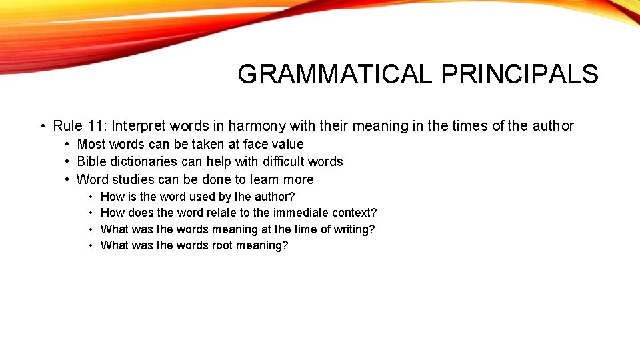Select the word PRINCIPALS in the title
click(x=519, y=75)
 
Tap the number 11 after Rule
click(x=95, y=126)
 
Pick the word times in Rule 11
click(x=471, y=126)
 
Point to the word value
click(x=288, y=144)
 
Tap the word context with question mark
click(x=351, y=213)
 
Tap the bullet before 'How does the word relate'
click(x=91, y=213)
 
